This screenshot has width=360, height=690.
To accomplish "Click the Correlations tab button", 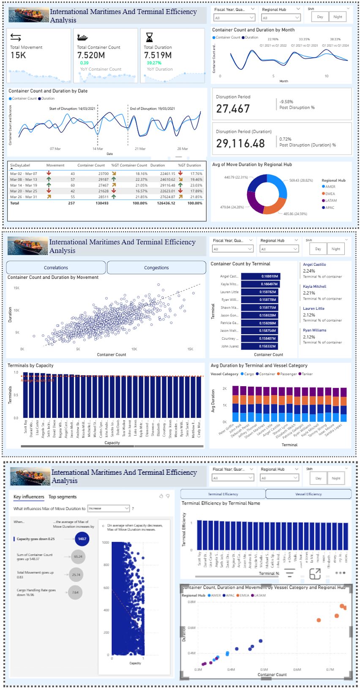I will [56, 267].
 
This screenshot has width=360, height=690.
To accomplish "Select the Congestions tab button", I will [156, 267].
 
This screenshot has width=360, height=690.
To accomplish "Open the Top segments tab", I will [63, 497].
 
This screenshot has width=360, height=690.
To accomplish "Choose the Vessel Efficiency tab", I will [308, 494].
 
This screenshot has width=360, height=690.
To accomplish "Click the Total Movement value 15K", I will [18, 55].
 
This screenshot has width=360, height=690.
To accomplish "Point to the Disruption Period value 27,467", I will [233, 109].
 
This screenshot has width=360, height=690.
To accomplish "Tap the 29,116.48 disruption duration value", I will [240, 144].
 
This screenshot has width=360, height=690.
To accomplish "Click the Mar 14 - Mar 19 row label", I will [24, 185].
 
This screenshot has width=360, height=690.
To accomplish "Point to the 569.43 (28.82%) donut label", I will [301, 180].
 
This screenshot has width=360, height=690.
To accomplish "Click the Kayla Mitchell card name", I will [314, 286].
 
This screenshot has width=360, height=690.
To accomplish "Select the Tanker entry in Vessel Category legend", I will [307, 374].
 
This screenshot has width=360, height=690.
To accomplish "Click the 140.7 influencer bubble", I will [82, 539].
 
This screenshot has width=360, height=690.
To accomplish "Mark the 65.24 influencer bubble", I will [78, 556].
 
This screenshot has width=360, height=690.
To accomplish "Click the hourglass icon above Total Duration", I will [149, 37].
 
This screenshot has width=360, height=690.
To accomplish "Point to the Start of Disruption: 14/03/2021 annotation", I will [72, 109].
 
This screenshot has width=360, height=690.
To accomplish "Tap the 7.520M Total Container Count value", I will [91, 55].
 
